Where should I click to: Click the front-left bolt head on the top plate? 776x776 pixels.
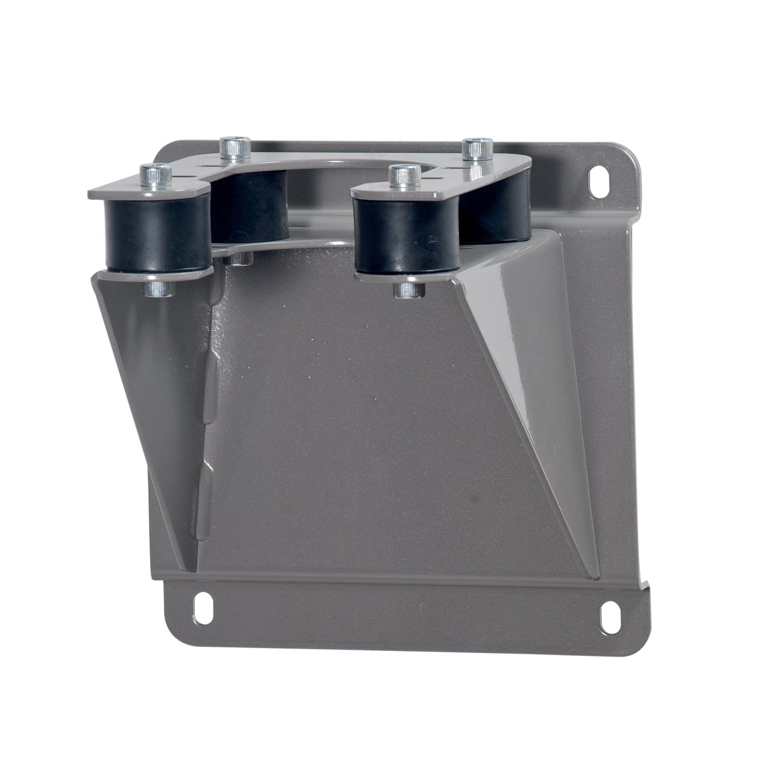click(155, 170)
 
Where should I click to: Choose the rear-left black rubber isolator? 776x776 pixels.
click(251, 209)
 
